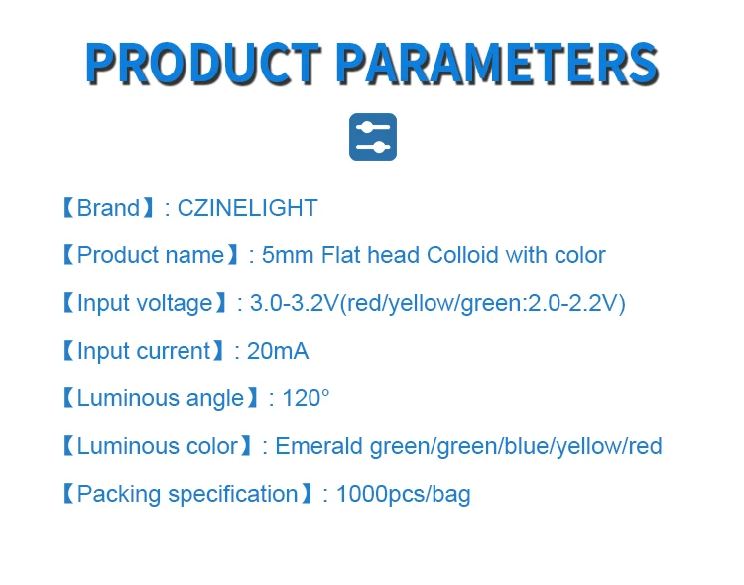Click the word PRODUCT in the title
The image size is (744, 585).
(x=203, y=63)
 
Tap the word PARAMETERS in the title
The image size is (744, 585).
(x=496, y=63)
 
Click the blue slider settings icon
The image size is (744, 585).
(x=373, y=137)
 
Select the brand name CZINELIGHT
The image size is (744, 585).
(x=247, y=208)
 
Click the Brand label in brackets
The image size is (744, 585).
(x=108, y=208)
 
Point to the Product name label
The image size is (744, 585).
(x=151, y=255)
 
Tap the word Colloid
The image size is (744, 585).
(x=463, y=255)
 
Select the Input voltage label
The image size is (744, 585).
(x=145, y=303)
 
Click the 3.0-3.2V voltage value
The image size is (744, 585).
(x=295, y=303)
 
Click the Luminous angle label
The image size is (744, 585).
(x=161, y=398)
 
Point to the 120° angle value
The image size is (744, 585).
(x=306, y=398)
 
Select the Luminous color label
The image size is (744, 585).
(x=157, y=446)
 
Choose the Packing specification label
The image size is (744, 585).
(x=186, y=494)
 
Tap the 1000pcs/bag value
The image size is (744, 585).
(x=403, y=494)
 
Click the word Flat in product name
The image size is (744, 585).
(x=340, y=255)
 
